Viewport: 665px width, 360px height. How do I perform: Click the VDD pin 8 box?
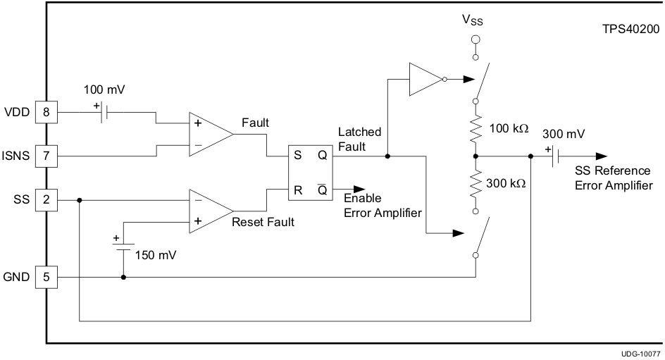(x=46, y=111)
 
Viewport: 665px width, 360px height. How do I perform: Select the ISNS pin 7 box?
(x=46, y=155)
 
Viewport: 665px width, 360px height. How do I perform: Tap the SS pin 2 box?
(x=46, y=200)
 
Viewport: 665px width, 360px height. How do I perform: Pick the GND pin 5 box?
(x=46, y=277)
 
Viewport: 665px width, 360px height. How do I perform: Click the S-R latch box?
(x=310, y=173)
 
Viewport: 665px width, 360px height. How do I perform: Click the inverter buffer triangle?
(x=425, y=79)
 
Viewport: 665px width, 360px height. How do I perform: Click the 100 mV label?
(x=104, y=89)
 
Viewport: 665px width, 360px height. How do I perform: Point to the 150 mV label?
(x=157, y=254)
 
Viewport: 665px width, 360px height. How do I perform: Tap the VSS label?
(x=473, y=20)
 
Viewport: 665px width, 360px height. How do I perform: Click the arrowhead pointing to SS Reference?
(x=599, y=156)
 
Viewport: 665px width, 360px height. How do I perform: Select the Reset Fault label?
(x=263, y=222)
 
